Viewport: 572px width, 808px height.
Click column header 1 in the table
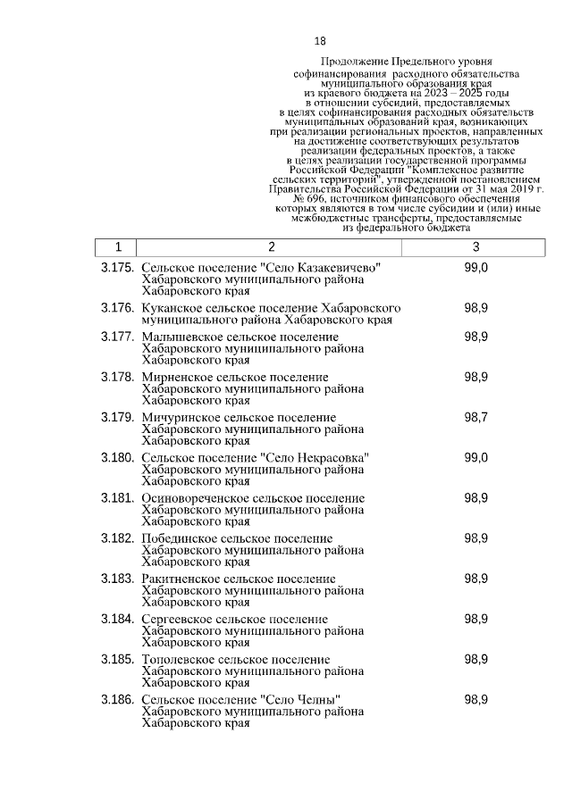[x=118, y=247]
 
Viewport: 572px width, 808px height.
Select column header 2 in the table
[x=271, y=247]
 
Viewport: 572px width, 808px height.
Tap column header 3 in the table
[x=475, y=247]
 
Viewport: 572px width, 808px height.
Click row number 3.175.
[x=117, y=269]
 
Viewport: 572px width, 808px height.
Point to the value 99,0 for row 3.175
[x=475, y=269]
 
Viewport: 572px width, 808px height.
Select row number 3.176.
[x=117, y=308]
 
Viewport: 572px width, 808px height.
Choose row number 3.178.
[x=117, y=377]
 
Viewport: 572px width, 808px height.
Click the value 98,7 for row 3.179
[x=475, y=417]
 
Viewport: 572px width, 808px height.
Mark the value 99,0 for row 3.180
[x=475, y=458]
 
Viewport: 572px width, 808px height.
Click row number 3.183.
[x=117, y=579]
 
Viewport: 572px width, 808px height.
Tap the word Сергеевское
[x=179, y=619]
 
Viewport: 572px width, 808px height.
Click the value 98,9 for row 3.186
[x=475, y=699]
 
